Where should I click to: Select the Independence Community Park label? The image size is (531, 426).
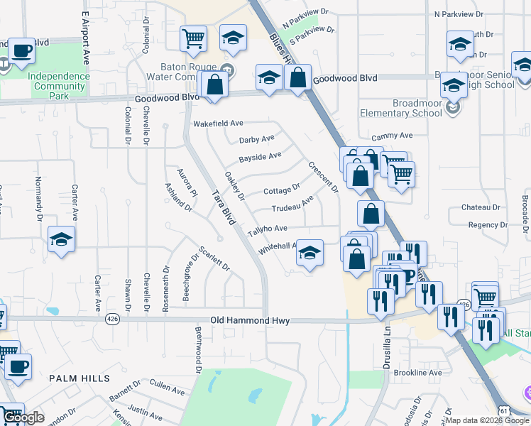click(x=59, y=82)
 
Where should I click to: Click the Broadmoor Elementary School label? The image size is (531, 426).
click(x=401, y=108)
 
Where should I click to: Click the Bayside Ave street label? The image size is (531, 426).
click(x=260, y=156)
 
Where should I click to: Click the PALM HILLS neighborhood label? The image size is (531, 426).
click(x=72, y=379)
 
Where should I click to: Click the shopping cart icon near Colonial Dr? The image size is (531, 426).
click(x=193, y=40)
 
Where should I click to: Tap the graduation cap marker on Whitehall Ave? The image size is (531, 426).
click(x=309, y=253)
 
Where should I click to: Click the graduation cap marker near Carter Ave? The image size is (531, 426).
click(x=62, y=240)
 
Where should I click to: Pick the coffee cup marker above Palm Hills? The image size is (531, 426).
click(x=18, y=367)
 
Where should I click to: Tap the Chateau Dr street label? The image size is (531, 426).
click(x=481, y=207)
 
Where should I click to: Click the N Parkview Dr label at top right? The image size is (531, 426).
click(x=458, y=13)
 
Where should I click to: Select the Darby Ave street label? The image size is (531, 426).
click(x=256, y=139)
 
